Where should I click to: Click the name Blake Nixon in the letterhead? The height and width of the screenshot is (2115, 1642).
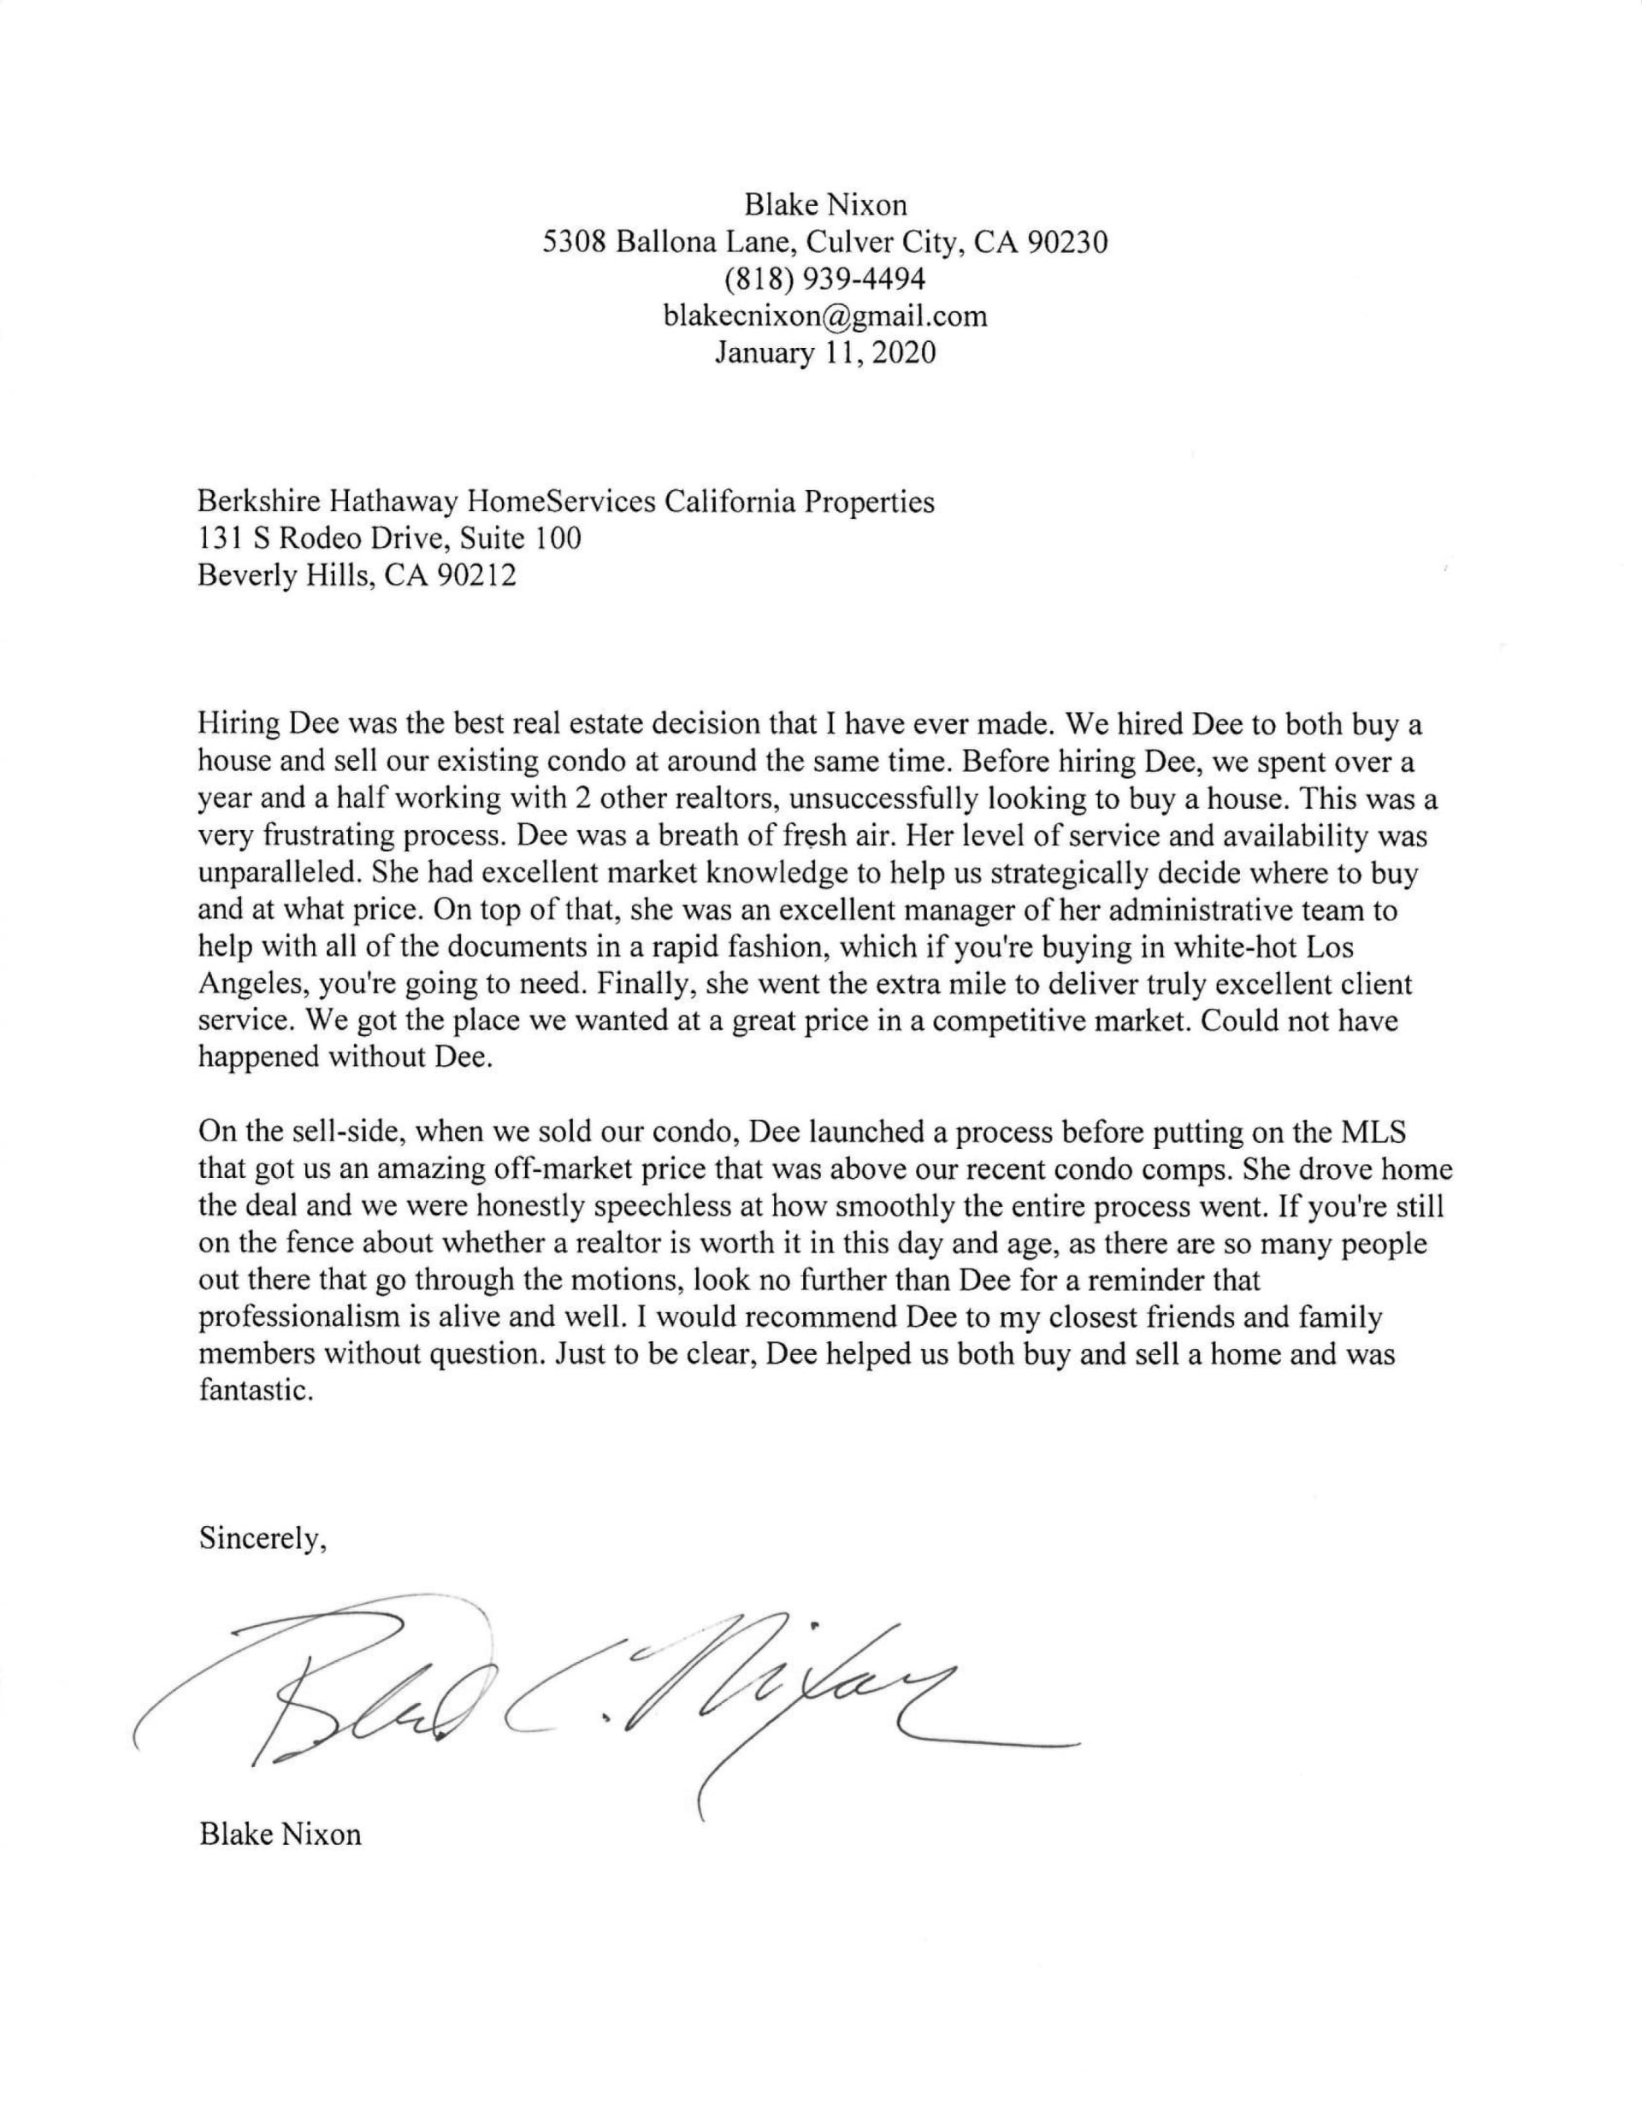click(x=824, y=204)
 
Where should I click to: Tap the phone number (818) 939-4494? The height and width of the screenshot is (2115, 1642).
click(x=824, y=279)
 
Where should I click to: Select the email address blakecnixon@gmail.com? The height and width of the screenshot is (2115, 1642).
click(x=824, y=315)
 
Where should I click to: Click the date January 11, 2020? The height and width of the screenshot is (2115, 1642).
click(x=824, y=352)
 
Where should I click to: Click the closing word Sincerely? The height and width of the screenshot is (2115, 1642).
click(x=263, y=1539)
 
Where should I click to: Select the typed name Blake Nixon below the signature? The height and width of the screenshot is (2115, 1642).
click(x=280, y=1834)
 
